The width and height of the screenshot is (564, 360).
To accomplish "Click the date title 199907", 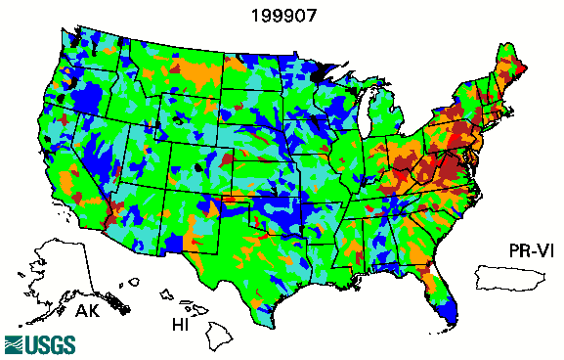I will tap(282, 16).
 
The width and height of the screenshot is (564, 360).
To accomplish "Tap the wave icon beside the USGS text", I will tap(15, 344).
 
